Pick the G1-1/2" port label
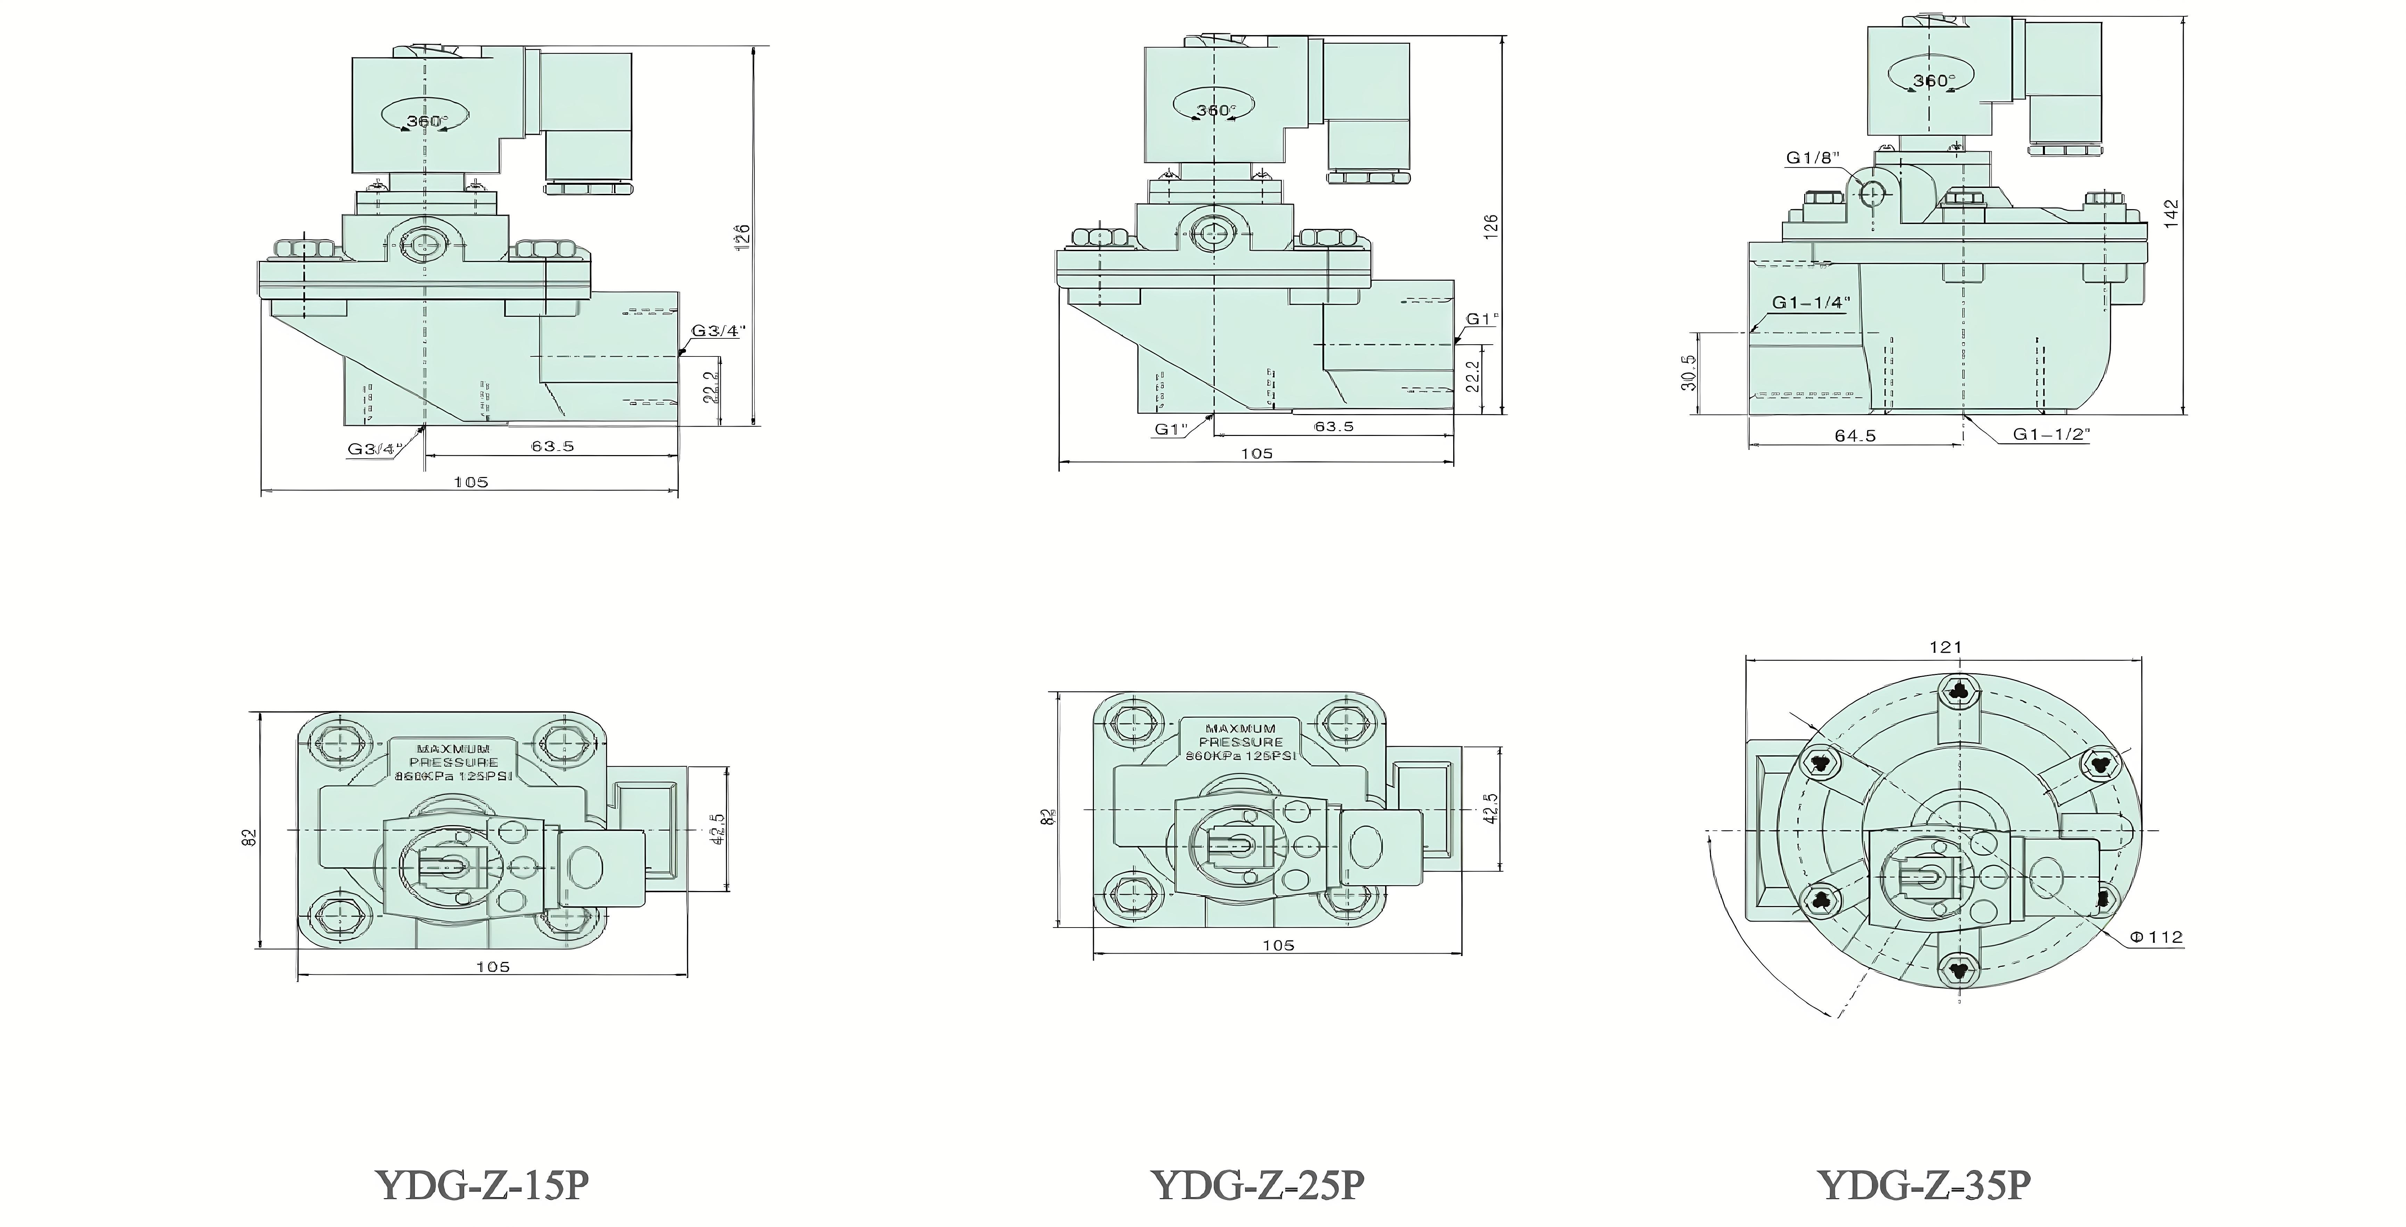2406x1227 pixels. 2050,434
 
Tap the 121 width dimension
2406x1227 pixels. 1945,646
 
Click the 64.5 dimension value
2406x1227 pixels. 1855,435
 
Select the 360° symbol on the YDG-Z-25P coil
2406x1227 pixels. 1216,110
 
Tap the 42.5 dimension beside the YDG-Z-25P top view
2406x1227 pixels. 1491,808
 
